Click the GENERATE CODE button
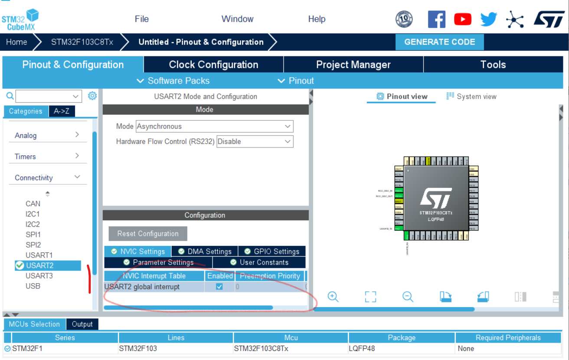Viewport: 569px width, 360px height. pyautogui.click(x=439, y=42)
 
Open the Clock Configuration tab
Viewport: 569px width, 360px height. pyautogui.click(x=213, y=65)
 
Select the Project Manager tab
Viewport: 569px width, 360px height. pyautogui.click(x=353, y=65)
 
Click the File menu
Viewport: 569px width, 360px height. pyautogui.click(x=142, y=19)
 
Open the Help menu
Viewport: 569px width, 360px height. pyautogui.click(x=317, y=19)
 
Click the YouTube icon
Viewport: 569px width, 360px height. pyautogui.click(x=463, y=19)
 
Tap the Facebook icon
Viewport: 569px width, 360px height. pyautogui.click(x=437, y=19)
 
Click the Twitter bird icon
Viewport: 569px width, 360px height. pyautogui.click(x=489, y=19)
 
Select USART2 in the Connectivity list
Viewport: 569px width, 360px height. pyautogui.click(x=39, y=265)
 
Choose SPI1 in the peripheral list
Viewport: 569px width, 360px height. pyautogui.click(x=33, y=235)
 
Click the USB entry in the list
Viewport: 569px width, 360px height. pyautogui.click(x=33, y=286)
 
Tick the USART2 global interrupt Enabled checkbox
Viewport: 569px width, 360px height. pyautogui.click(x=219, y=287)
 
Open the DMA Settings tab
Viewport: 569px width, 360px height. pyautogui.click(x=205, y=252)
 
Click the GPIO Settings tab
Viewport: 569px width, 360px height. pyautogui.click(x=271, y=252)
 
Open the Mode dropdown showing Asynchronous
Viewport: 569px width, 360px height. pyautogui.click(x=215, y=127)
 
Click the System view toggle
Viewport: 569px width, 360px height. pyautogui.click(x=471, y=97)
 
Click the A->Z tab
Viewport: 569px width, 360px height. pyautogui.click(x=62, y=111)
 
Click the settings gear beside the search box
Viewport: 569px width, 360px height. pyautogui.click(x=92, y=96)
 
